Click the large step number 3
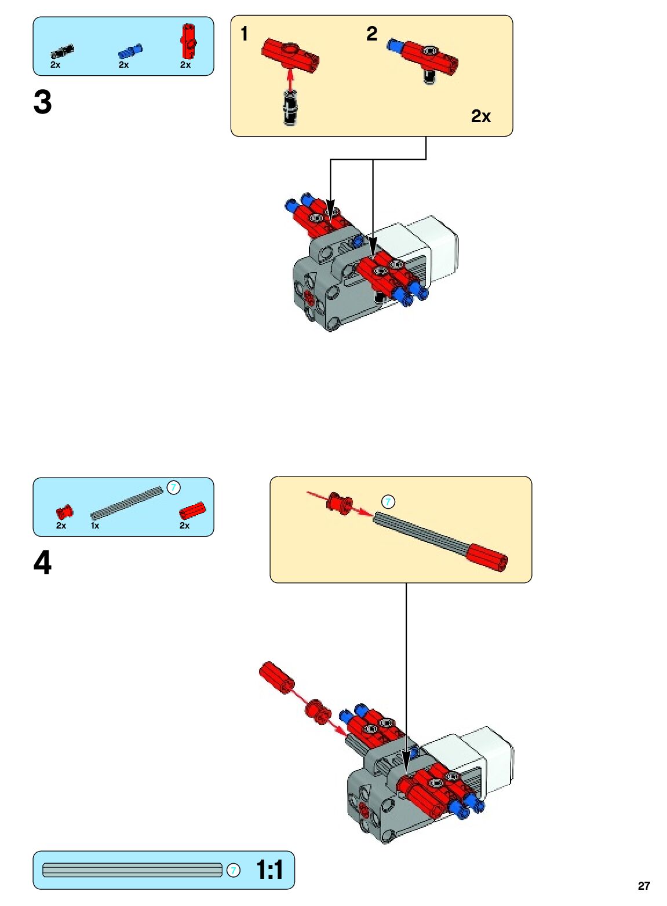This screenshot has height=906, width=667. click(x=42, y=102)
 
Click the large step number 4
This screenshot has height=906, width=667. click(x=42, y=562)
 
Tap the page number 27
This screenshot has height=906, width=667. click(x=644, y=886)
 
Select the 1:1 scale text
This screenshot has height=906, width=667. click(x=269, y=870)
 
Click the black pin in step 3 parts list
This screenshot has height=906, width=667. click(x=63, y=52)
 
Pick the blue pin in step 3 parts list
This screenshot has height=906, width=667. click(x=130, y=51)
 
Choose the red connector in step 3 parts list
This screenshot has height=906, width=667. click(x=188, y=41)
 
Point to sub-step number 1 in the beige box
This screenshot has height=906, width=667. click(x=244, y=34)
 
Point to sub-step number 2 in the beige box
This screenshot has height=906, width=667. click(x=372, y=34)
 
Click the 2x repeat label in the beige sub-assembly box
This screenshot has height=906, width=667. click(x=481, y=116)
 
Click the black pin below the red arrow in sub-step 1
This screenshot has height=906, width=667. click(x=290, y=108)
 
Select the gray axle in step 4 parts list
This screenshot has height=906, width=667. click(x=127, y=502)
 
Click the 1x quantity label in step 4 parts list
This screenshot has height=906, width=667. click(x=95, y=526)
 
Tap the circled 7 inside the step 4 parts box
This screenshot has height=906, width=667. click(x=174, y=487)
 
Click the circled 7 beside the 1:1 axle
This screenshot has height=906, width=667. click(x=234, y=870)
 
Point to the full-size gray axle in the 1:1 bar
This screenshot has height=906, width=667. click(x=133, y=870)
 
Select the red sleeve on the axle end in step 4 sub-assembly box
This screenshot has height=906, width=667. click(x=487, y=557)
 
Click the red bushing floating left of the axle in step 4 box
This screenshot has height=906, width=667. click(x=341, y=503)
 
